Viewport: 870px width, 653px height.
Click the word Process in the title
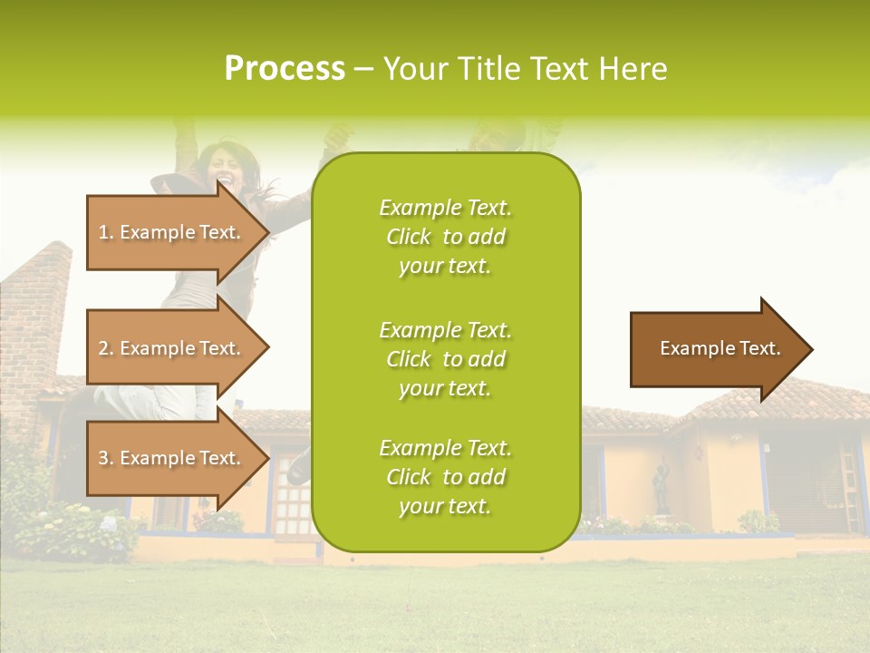click(x=285, y=69)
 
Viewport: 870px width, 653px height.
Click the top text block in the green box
click(x=445, y=237)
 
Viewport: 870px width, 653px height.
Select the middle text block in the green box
click(x=445, y=359)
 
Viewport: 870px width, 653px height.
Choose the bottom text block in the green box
click(x=445, y=477)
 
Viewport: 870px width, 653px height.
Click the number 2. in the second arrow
click(x=105, y=348)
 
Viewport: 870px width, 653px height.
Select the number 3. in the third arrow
click(x=105, y=458)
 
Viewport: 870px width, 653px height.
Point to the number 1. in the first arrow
click(x=105, y=232)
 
